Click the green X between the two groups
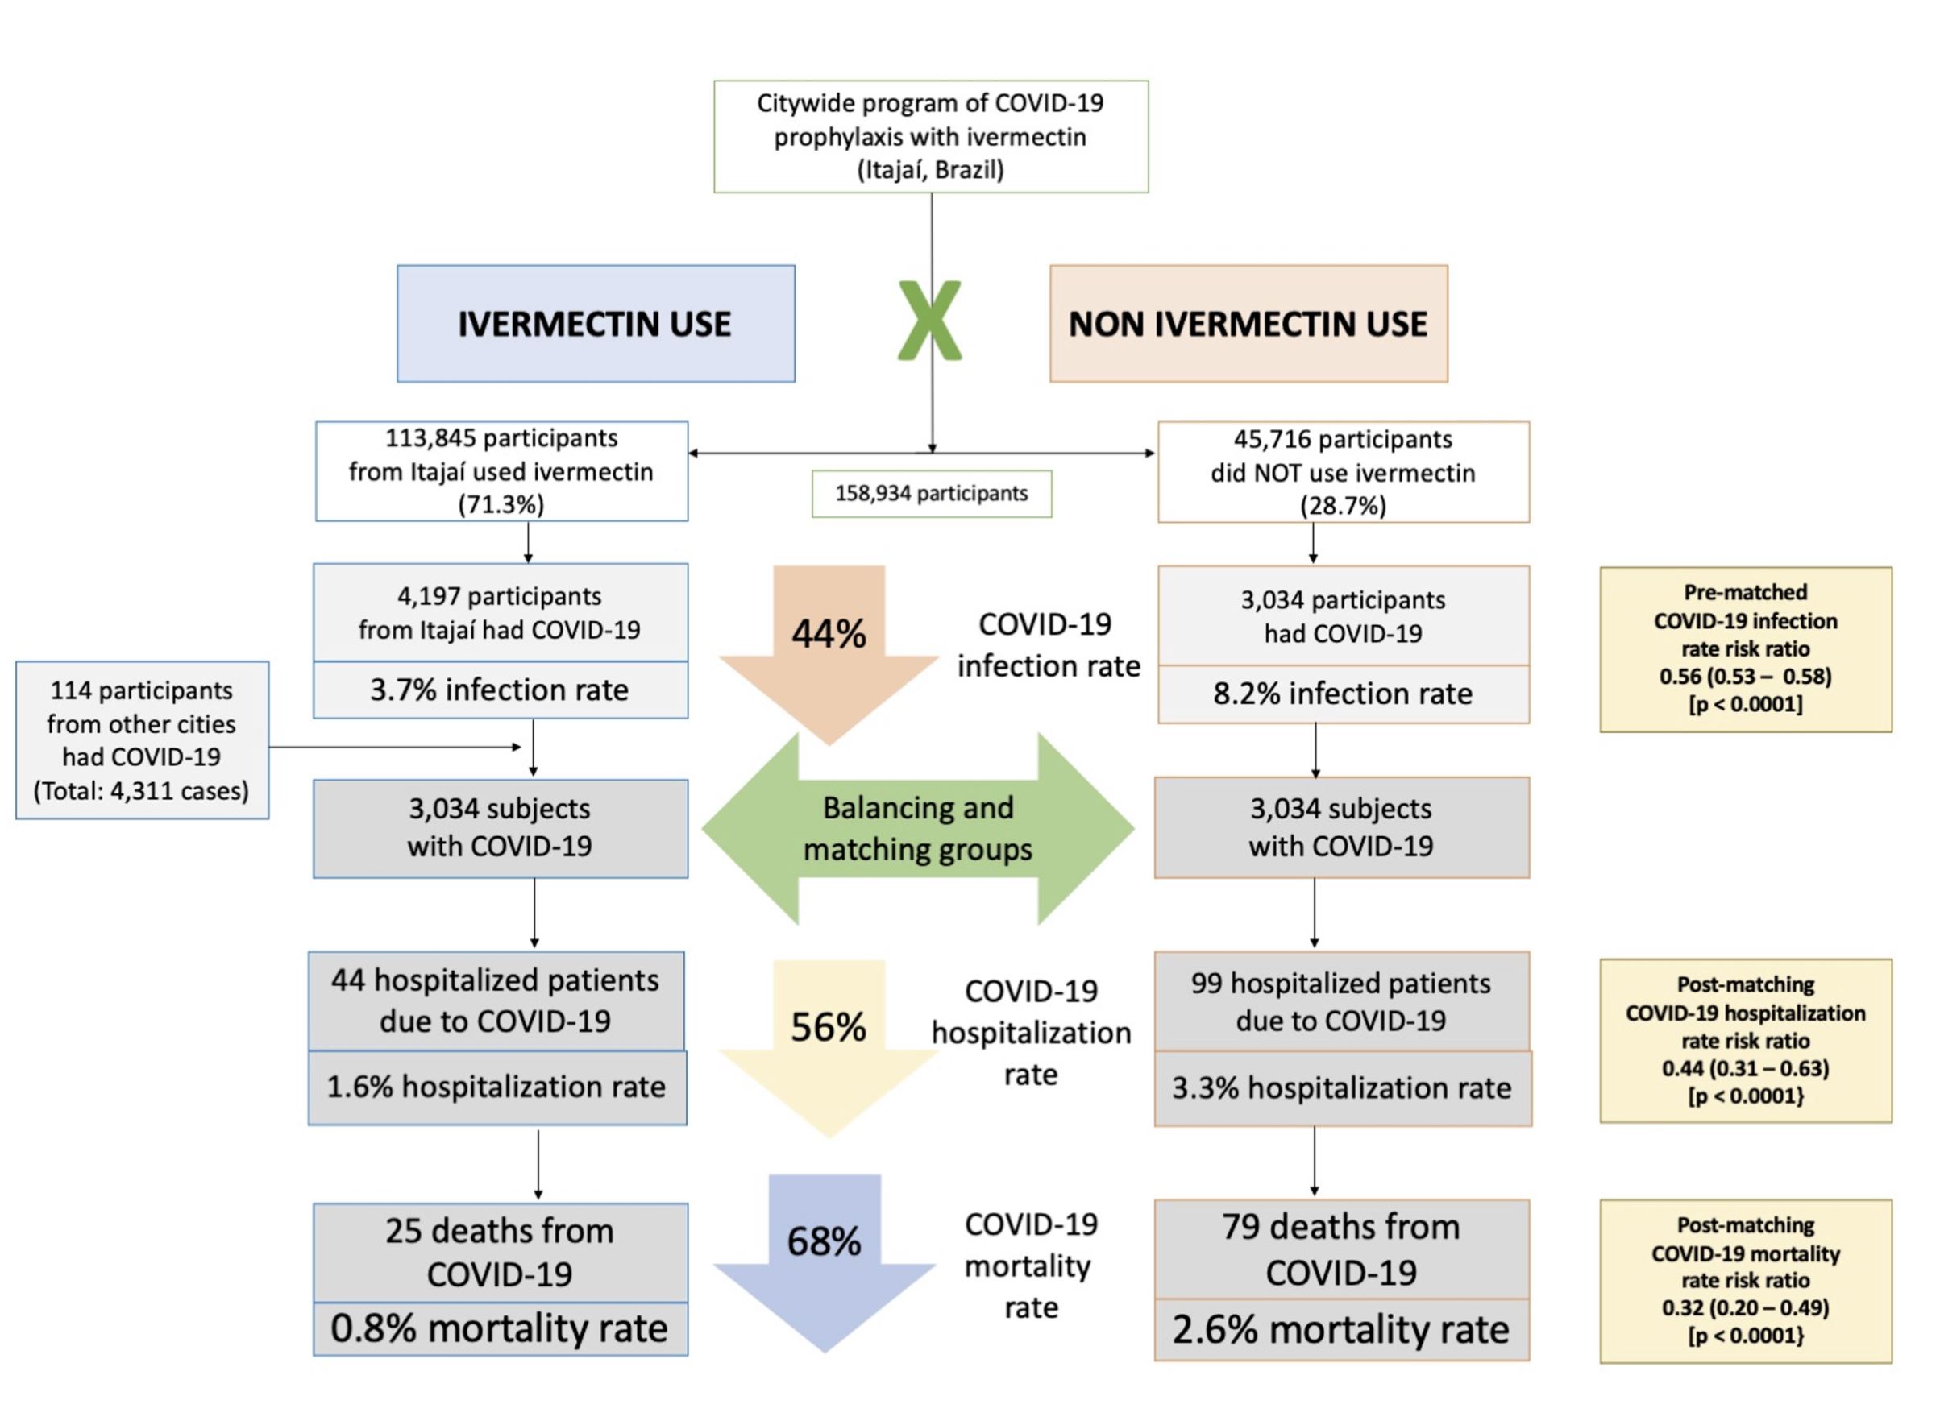pyautogui.click(x=929, y=320)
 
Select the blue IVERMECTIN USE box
pyautogui.click(x=596, y=324)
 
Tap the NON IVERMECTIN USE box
pyautogui.click(x=1248, y=324)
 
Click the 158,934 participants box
pyautogui.click(x=931, y=494)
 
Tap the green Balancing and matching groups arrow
pyautogui.click(x=917, y=829)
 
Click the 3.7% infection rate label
pyautogui.click(x=500, y=690)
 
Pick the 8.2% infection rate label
pyautogui.click(x=1343, y=694)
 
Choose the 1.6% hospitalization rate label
pyautogui.click(x=497, y=1087)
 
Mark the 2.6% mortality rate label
pyautogui.click(x=1341, y=1329)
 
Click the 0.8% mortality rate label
pyautogui.click(x=500, y=1328)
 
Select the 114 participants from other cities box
pyautogui.click(x=143, y=740)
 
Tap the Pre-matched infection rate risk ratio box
pyautogui.click(x=1746, y=649)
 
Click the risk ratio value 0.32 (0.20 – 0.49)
pyautogui.click(x=1746, y=1307)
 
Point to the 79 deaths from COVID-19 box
pyautogui.click(x=1341, y=1249)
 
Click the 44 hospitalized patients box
pyautogui.click(x=496, y=1001)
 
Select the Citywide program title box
pyautogui.click(x=931, y=136)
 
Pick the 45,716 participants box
pyautogui.click(x=1343, y=472)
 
